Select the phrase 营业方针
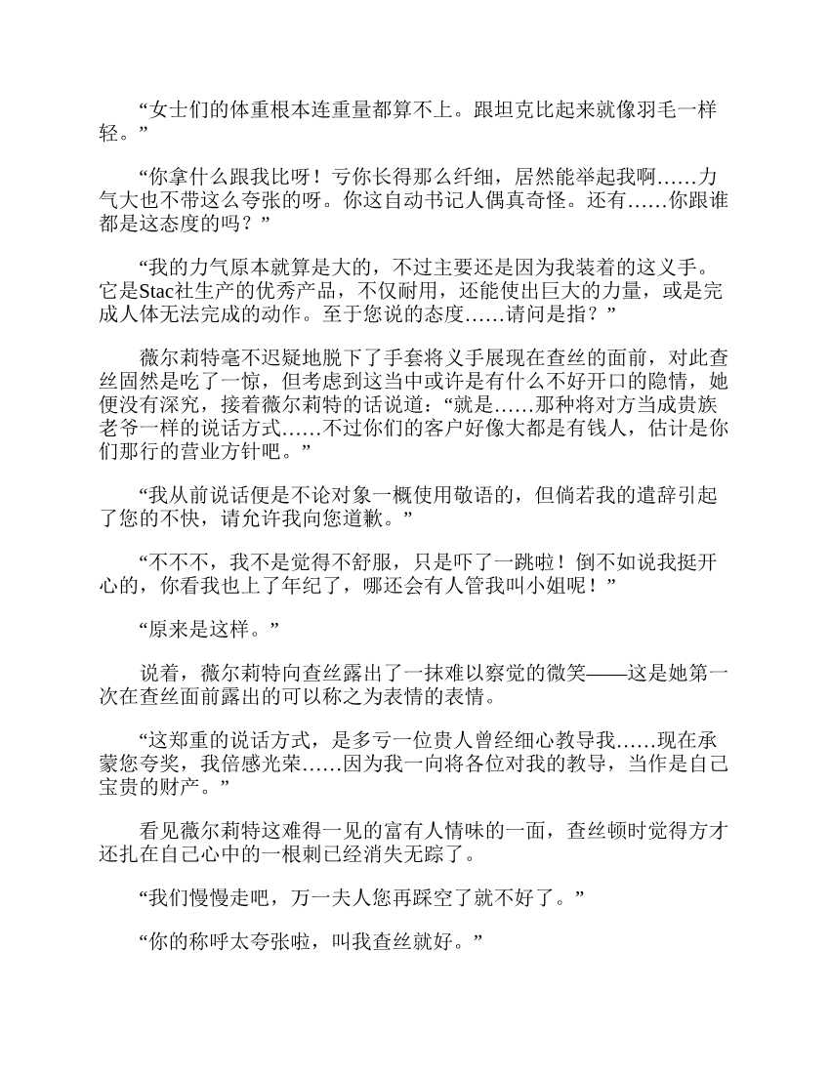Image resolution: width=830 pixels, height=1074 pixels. coord(232,450)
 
